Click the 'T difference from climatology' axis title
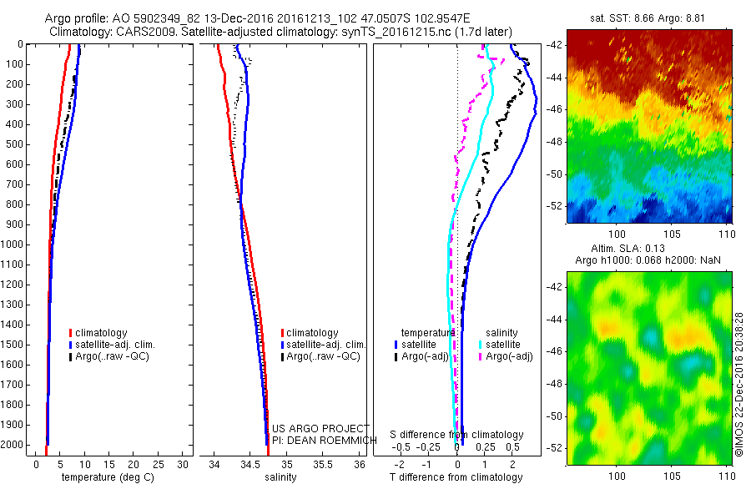point(456,477)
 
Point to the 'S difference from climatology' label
point(457,435)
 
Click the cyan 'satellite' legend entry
point(503,344)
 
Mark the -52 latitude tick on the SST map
point(557,205)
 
